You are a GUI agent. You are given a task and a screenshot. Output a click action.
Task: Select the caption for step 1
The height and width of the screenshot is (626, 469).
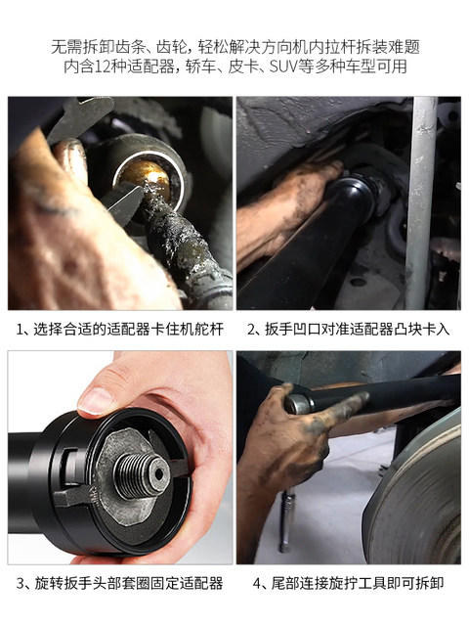pyautogui.click(x=120, y=329)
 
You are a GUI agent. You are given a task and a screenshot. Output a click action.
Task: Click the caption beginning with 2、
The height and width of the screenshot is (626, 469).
pyautogui.click(x=349, y=329)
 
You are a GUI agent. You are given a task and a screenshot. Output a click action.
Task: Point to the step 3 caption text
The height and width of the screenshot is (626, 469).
pyautogui.click(x=120, y=583)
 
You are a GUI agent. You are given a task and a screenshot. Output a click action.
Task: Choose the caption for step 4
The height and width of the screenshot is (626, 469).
pyautogui.click(x=349, y=583)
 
